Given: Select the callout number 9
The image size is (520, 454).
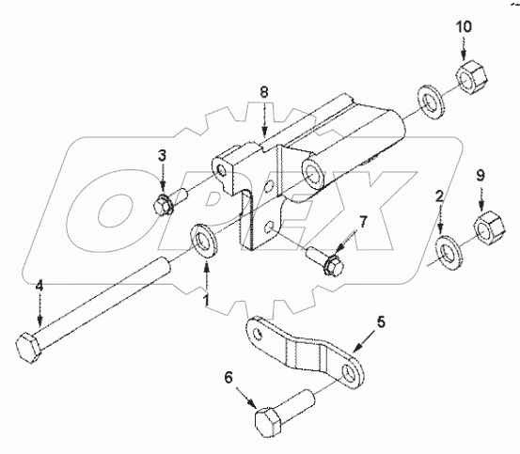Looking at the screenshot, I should (480, 175).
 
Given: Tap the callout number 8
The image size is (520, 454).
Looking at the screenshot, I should (265, 92).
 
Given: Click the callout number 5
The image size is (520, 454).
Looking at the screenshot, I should (380, 321).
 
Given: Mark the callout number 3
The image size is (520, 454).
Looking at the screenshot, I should (162, 155).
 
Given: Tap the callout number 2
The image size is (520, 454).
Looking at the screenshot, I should (439, 197).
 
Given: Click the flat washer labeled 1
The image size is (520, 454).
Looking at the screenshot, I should (203, 238).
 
